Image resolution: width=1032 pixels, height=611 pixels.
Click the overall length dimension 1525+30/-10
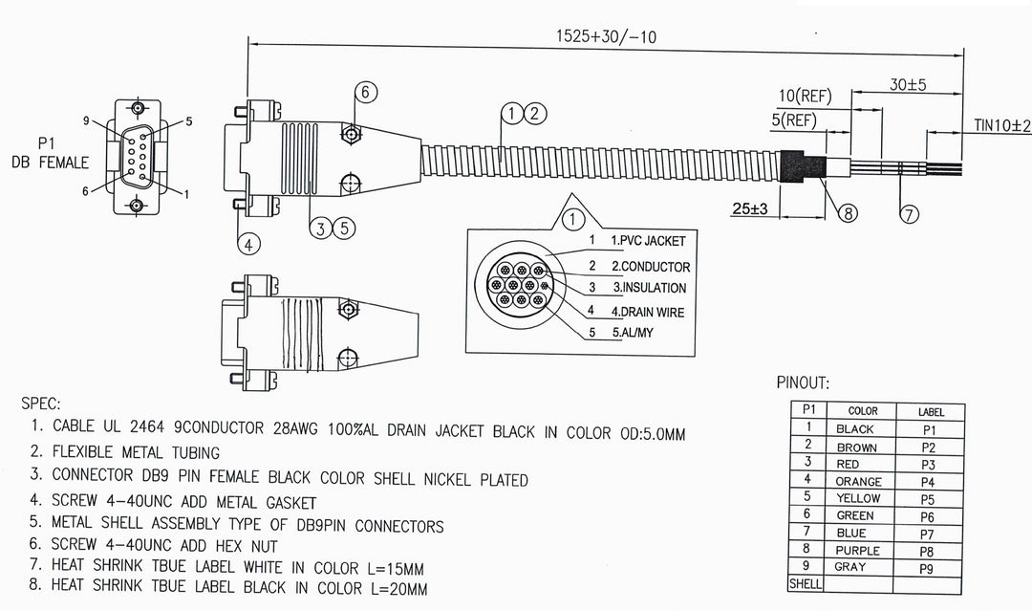607,37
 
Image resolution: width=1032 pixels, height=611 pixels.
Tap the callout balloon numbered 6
365,92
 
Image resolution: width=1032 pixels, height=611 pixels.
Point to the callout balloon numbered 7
911,213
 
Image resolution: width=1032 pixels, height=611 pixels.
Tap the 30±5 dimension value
908,84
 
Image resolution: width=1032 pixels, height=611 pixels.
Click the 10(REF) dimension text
804,96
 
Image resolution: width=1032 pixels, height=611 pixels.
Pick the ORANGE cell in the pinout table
857,482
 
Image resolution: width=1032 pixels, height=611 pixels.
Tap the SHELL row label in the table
805,583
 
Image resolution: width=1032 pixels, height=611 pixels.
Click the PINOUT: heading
803,383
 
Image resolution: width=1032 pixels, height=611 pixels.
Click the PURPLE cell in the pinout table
857,551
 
